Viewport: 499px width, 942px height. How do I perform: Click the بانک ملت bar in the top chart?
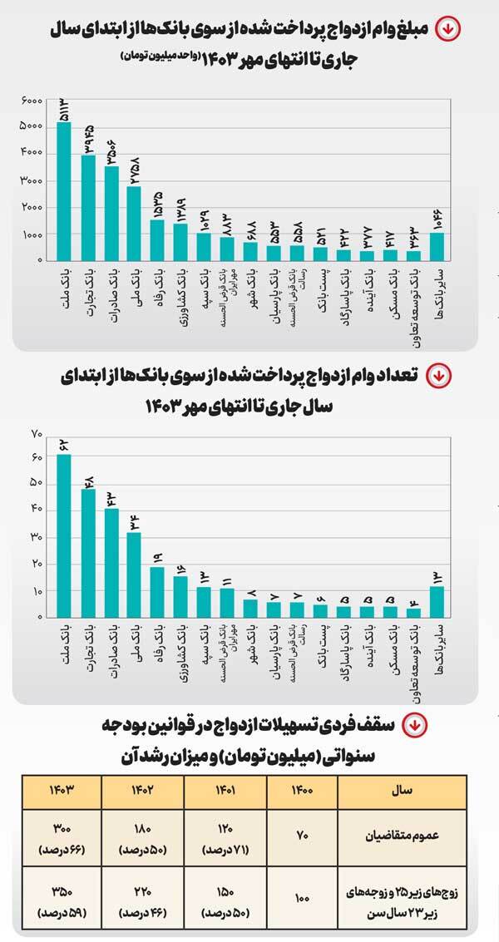tap(64, 191)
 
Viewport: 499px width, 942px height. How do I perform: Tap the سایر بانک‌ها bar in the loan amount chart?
tap(437, 246)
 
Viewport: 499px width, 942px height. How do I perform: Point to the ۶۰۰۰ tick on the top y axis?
tap(32, 100)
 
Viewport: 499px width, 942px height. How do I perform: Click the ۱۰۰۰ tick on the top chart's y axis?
tap(32, 235)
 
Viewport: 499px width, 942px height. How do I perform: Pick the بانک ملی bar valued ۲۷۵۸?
tap(133, 223)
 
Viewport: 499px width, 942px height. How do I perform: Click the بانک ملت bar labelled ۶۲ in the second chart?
tap(64, 535)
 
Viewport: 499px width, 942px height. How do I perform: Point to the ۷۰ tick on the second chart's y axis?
tap(36, 434)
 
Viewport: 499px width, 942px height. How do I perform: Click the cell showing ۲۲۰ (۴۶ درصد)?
tap(142, 897)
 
